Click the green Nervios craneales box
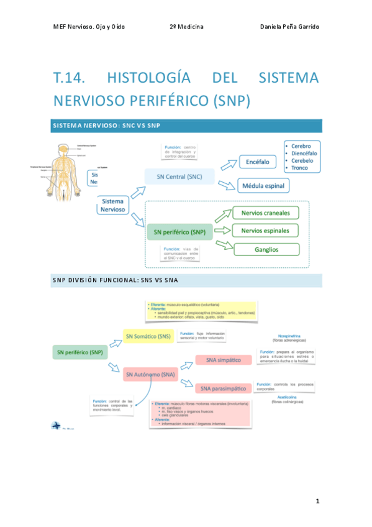pyautogui.click(x=265, y=213)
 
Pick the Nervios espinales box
pyautogui.click(x=265, y=231)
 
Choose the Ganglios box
pyautogui.click(x=265, y=249)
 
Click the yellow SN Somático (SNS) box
pyautogui.click(x=148, y=337)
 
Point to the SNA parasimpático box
pyautogui.click(x=223, y=388)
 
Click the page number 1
pyautogui.click(x=317, y=500)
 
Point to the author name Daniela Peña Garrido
pyautogui.click(x=289, y=27)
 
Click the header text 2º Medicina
pyautogui.click(x=186, y=27)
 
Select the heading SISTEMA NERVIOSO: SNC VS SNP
pyautogui.click(x=107, y=126)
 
